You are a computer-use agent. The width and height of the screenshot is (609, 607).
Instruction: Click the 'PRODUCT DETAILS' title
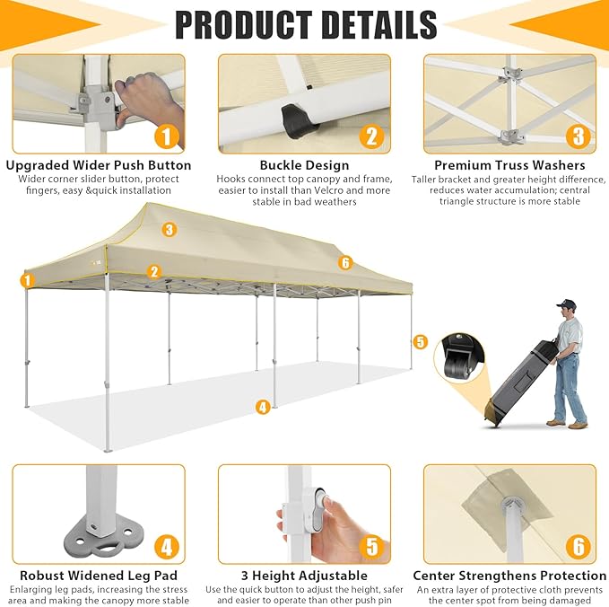[x=306, y=24]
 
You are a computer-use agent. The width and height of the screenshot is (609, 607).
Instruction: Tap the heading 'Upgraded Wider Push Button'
[x=99, y=165]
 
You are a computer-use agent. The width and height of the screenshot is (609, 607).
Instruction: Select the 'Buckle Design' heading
[x=305, y=165]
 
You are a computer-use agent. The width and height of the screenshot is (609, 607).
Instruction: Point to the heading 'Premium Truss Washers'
[x=509, y=165]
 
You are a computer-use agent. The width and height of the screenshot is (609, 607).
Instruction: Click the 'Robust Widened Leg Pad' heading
[x=99, y=576]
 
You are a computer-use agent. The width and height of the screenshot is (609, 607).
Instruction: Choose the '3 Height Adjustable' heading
[x=305, y=576]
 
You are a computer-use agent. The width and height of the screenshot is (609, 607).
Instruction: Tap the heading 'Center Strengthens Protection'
[x=509, y=576]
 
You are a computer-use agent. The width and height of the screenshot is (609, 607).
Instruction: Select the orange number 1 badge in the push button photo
[x=167, y=136]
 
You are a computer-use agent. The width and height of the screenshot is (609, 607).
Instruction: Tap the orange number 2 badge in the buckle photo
[x=371, y=136]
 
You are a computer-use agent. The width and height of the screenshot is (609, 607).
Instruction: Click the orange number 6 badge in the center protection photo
[x=579, y=547]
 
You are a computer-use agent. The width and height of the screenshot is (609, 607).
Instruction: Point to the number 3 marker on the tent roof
[x=169, y=230]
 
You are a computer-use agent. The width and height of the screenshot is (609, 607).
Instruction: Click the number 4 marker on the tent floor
[x=263, y=407]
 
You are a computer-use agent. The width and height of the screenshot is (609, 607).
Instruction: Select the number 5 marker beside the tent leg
[x=420, y=342]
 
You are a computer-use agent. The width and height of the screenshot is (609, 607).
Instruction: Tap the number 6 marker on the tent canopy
[x=345, y=263]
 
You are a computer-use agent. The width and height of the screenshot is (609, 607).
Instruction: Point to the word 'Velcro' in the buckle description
[x=339, y=190]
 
